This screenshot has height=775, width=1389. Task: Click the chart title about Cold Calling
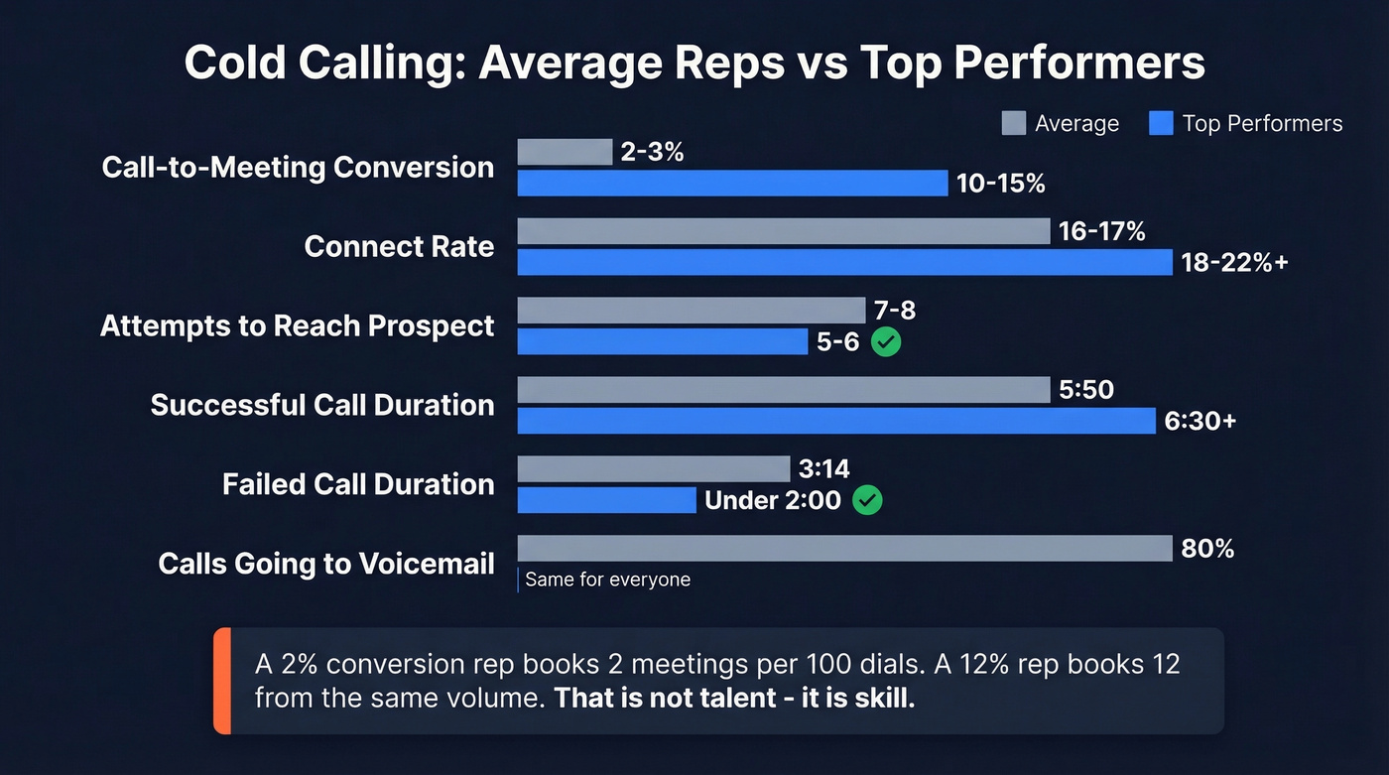[x=694, y=63]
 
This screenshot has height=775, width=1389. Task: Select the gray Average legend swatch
[x=1013, y=123]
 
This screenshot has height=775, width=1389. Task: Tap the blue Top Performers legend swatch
[x=1160, y=123]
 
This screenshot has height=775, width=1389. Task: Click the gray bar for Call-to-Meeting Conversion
[x=565, y=152]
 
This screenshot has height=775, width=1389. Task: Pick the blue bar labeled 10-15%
[x=732, y=184]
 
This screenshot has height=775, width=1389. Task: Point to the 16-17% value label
[x=1101, y=231]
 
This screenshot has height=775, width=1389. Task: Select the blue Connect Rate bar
[x=844, y=262]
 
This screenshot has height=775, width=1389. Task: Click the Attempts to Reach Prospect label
[x=297, y=325]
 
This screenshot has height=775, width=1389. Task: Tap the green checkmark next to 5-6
[x=885, y=342]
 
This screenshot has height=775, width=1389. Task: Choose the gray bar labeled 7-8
[x=691, y=311]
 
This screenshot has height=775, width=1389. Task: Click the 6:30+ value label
[x=1200, y=421]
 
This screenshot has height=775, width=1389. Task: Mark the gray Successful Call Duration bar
[x=783, y=390]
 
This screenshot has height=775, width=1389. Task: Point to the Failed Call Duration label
[x=358, y=484]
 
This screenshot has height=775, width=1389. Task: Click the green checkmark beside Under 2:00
[x=867, y=500]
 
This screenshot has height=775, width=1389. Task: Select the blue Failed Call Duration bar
[x=606, y=500]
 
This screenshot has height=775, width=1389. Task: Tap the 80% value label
[x=1207, y=548]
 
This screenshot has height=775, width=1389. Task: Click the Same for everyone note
[x=607, y=580]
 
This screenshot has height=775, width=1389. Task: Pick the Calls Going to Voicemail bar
[x=844, y=549]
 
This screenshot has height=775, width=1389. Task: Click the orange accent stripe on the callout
[x=222, y=681]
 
